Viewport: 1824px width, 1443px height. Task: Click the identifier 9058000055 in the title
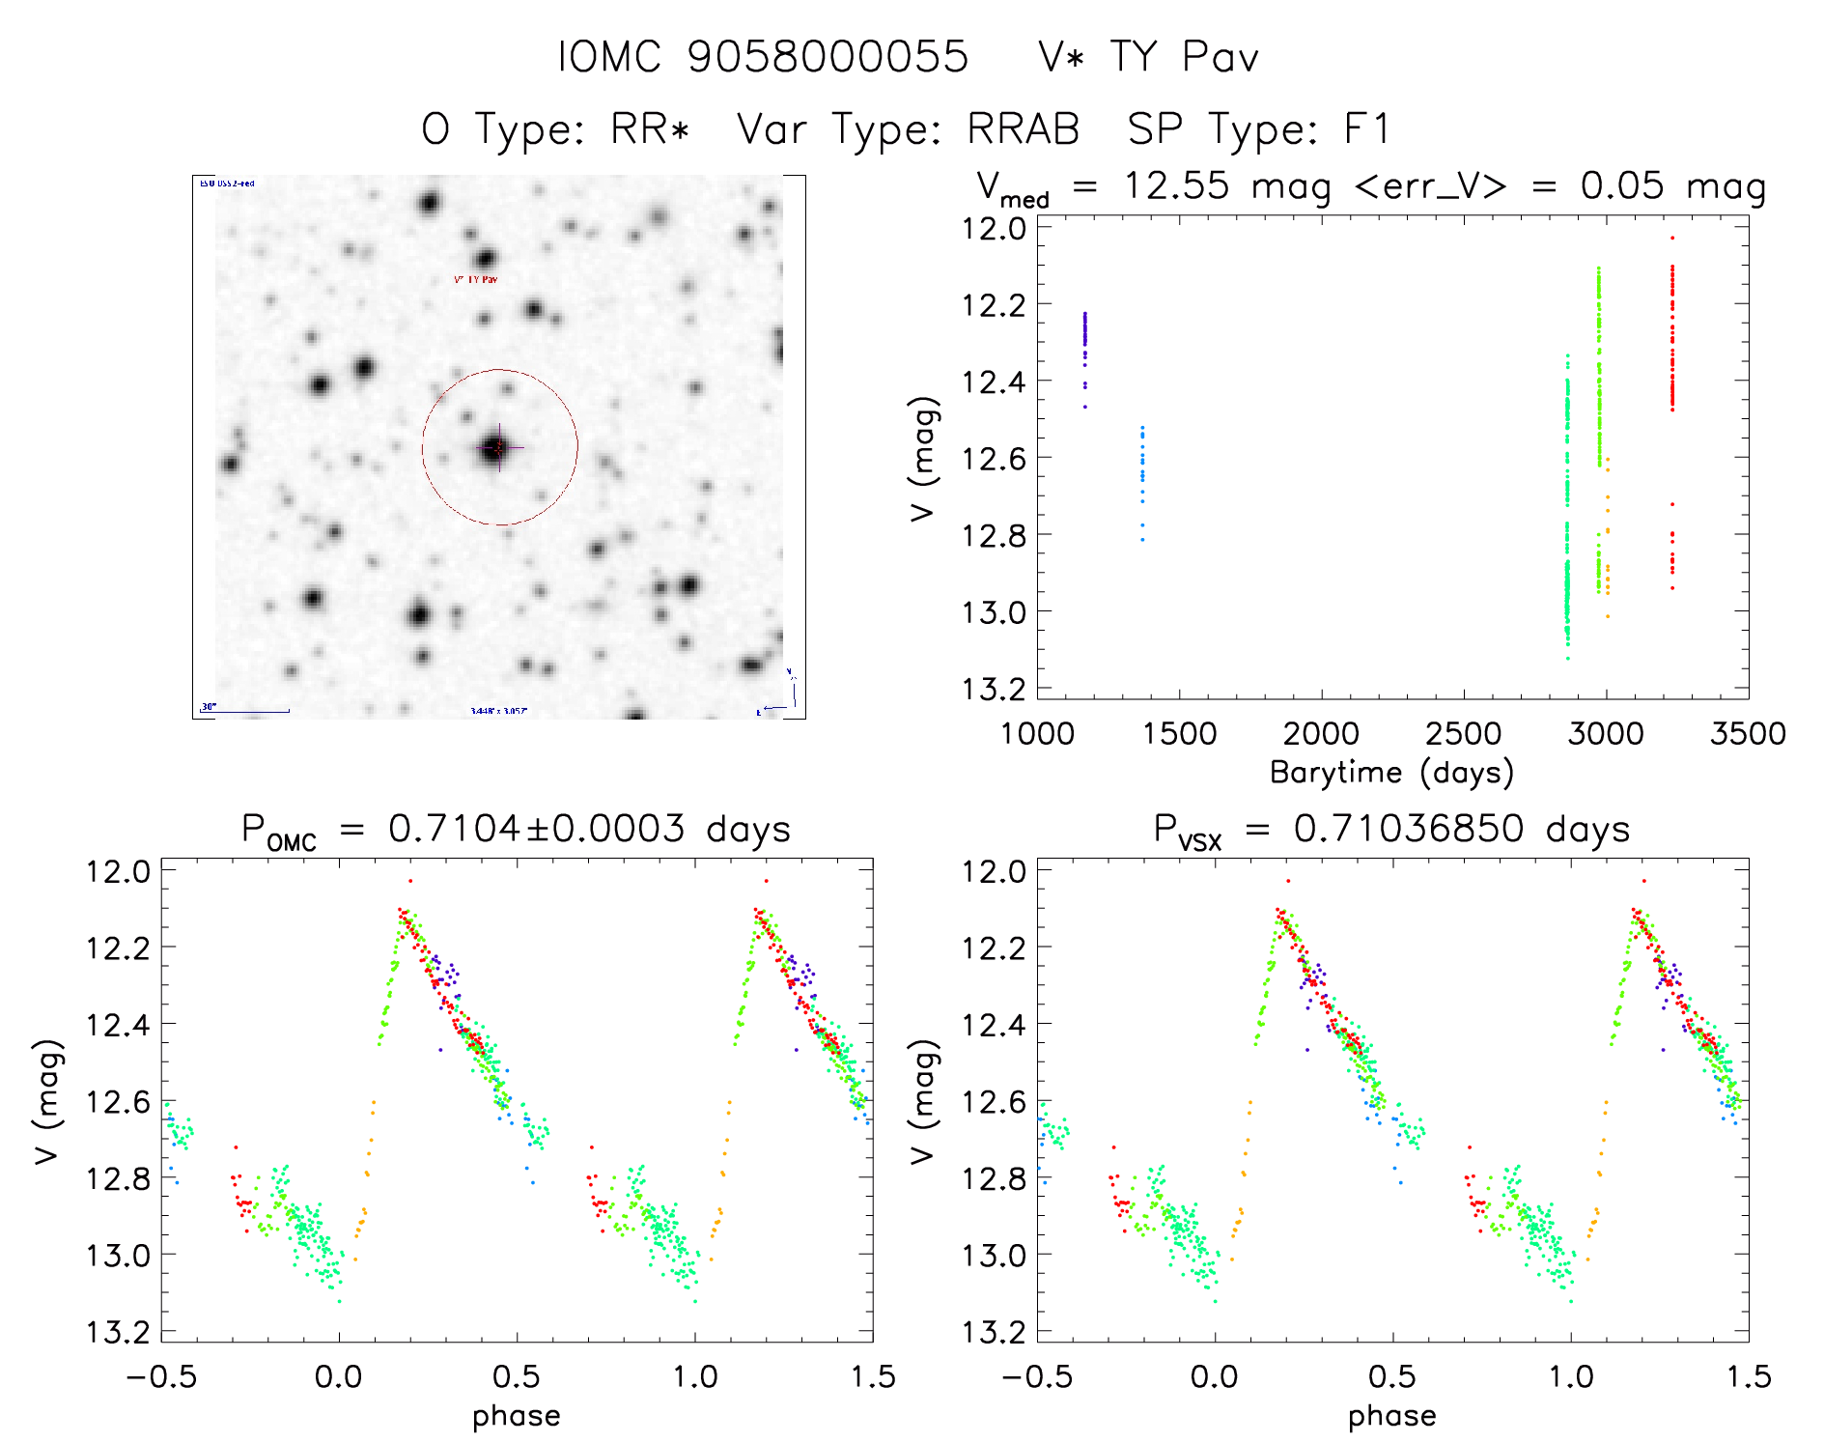click(x=828, y=57)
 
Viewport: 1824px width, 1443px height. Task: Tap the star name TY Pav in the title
click(x=1184, y=57)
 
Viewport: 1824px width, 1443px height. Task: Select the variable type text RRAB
click(x=1024, y=129)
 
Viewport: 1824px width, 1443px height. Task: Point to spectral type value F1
click(x=1366, y=129)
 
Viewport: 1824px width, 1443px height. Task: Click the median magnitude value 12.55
click(x=1176, y=185)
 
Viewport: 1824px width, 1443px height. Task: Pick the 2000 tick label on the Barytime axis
click(x=1321, y=734)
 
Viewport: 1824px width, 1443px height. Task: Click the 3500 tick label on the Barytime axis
click(x=1748, y=734)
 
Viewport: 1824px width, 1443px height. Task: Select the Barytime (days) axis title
click(x=1391, y=773)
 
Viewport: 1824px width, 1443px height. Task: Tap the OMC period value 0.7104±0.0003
click(x=536, y=829)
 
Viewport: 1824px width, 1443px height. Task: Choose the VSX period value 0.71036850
click(x=1409, y=829)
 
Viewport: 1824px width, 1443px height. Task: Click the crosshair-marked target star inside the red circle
click(x=496, y=447)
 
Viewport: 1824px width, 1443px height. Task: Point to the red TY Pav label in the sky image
click(x=476, y=280)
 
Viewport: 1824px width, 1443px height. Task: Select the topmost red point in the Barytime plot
click(x=1672, y=238)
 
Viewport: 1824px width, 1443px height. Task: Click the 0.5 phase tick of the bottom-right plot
click(x=1392, y=1376)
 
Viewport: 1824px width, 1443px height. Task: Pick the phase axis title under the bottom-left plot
click(x=517, y=1416)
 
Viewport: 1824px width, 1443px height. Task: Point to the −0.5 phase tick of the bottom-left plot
click(x=161, y=1376)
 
